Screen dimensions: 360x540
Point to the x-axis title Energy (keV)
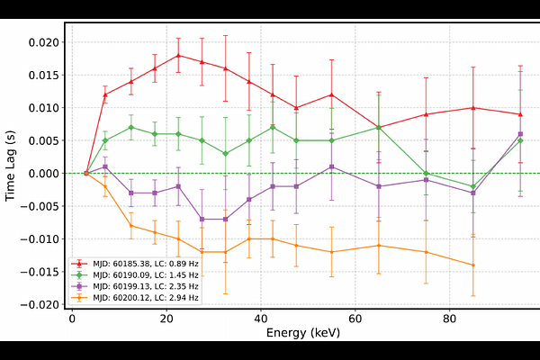click(302, 333)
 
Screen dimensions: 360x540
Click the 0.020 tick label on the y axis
click(43, 42)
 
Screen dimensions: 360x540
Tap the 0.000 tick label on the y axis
click(43, 174)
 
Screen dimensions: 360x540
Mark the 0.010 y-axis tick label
click(43, 108)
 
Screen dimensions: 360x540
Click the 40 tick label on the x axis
click(261, 319)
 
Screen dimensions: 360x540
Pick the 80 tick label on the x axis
click(449, 319)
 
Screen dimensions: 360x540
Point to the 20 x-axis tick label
click(166, 319)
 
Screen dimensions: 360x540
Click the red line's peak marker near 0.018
click(178, 56)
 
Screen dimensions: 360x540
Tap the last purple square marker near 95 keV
click(520, 134)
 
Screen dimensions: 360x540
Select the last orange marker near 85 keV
click(473, 265)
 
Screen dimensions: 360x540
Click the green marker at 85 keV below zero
click(473, 186)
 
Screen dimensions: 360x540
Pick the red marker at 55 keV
click(332, 94)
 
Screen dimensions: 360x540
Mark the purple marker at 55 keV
click(332, 166)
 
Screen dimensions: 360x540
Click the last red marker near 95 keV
click(520, 114)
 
